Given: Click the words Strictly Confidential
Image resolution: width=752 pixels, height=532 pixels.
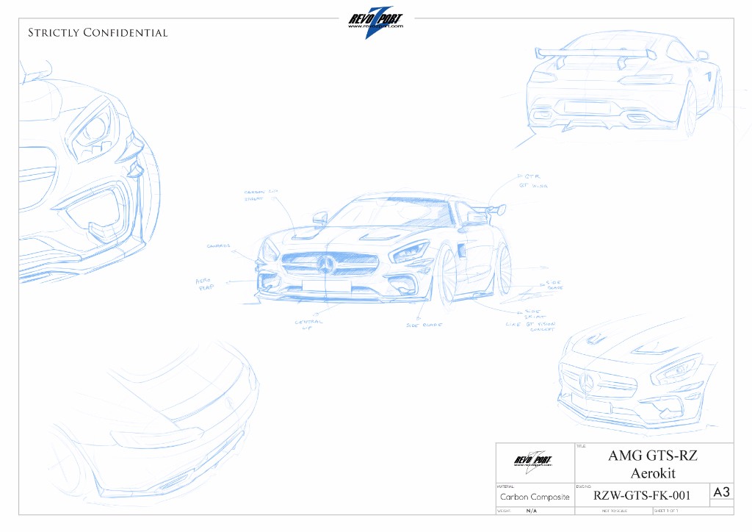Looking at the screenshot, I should [98, 33].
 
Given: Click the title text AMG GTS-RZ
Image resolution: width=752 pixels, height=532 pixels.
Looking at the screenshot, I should [651, 456].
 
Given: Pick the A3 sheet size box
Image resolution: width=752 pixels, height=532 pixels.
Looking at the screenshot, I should [721, 492].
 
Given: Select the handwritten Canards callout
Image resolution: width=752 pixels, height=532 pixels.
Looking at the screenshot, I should [219, 246].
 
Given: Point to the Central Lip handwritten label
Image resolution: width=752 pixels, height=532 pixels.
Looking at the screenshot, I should [308, 324].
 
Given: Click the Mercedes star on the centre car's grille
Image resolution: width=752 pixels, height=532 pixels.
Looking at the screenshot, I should [327, 265].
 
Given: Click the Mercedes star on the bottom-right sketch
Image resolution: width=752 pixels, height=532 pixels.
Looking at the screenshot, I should [587, 382].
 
